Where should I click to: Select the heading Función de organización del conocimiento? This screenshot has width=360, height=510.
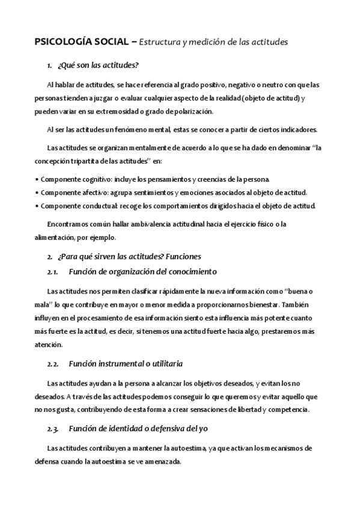pyautogui.click(x=143, y=271)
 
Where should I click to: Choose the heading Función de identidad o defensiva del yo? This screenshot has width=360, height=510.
pyautogui.click(x=139, y=428)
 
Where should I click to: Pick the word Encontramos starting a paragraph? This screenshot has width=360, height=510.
pyautogui.click(x=68, y=224)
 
